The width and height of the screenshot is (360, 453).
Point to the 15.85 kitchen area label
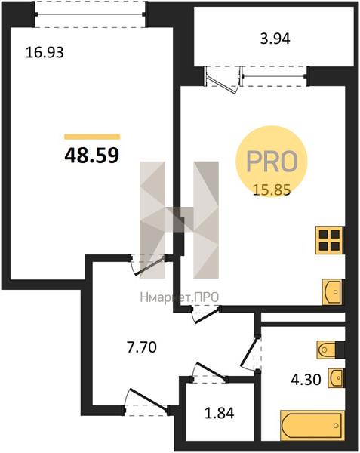pos(272,190)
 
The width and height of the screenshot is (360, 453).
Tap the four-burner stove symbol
pos(328,240)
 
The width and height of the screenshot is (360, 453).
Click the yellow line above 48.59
pos(92,136)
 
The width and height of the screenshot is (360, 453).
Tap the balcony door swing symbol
pos(222,78)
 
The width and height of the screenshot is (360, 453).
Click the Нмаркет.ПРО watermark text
pos(178,297)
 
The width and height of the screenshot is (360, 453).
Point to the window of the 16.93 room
pos(90,10)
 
